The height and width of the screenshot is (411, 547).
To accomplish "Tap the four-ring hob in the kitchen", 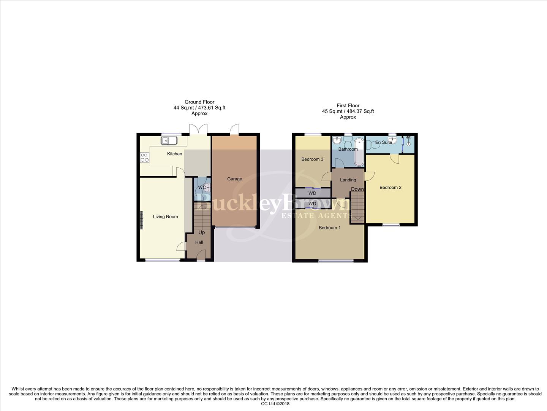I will (145, 157).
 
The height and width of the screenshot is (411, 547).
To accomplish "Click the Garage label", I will (234, 179).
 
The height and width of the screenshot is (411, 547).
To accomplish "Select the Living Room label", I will (165, 217).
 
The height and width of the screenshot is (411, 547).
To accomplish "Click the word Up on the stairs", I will (202, 233).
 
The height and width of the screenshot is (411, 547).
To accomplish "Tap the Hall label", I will (199, 242).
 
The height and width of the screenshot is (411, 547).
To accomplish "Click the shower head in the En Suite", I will (409, 137).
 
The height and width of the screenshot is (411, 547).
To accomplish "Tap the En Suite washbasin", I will (393, 140).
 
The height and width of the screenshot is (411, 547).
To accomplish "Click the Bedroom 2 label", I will (390, 187).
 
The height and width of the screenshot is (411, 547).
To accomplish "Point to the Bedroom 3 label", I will (312, 159).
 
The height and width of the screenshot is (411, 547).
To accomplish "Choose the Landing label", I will (348, 180).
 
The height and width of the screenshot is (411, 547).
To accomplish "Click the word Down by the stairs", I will (357, 189).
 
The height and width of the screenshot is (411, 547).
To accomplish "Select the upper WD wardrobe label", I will (312, 193).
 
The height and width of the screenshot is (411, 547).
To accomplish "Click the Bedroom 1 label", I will (329, 228).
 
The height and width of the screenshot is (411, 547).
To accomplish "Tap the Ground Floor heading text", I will (199, 102).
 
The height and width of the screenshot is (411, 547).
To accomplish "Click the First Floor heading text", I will (348, 106).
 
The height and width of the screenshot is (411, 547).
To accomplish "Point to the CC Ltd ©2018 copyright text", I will (275, 404).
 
